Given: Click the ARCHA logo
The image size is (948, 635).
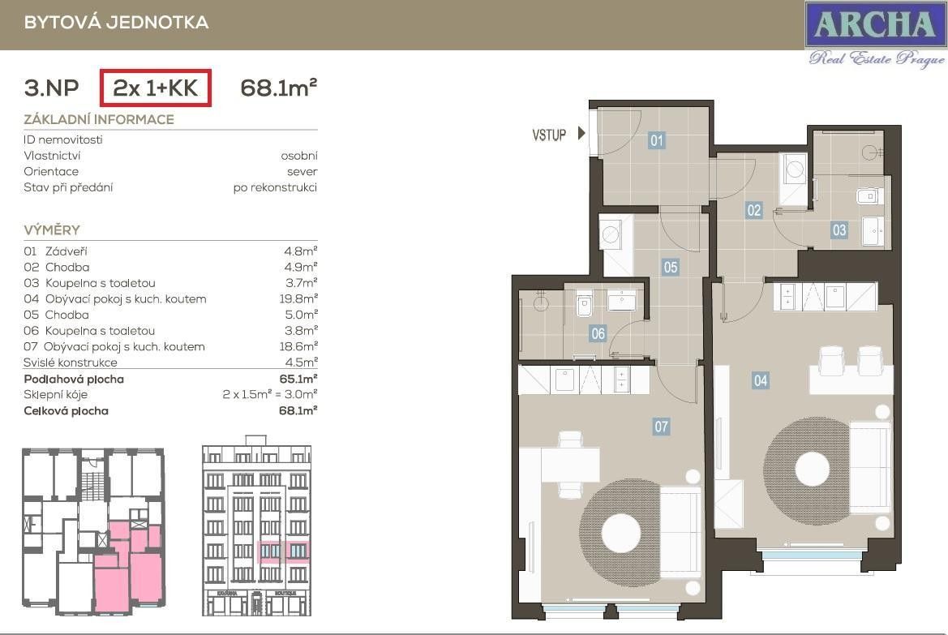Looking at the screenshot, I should pos(874,24).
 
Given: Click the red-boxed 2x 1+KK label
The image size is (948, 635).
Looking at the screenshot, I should pos(156,88).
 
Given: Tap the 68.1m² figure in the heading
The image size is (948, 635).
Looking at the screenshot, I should pos(278,88).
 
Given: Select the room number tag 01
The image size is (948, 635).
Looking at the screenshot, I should pos(657,141).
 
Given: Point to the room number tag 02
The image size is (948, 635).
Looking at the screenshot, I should pos(754,210).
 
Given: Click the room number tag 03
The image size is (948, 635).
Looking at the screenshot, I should pos(839,230).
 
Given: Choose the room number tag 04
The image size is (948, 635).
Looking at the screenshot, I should pos(760,380).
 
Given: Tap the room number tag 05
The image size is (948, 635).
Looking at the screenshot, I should pos(670,267).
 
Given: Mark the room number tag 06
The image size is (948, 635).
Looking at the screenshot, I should pos(598,333).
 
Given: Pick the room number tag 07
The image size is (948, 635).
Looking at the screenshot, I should pos(662,425).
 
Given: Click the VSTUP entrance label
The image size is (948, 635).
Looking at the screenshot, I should pos(549,135).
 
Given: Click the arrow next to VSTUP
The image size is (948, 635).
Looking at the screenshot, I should pos(581,134).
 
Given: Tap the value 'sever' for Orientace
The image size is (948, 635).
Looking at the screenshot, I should pos(302,171).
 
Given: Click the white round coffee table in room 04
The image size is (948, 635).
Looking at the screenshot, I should pos(812,469).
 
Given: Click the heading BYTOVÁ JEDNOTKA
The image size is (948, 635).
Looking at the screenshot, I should pos(116,23).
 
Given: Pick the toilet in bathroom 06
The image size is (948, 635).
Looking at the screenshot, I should pos(584,305).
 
